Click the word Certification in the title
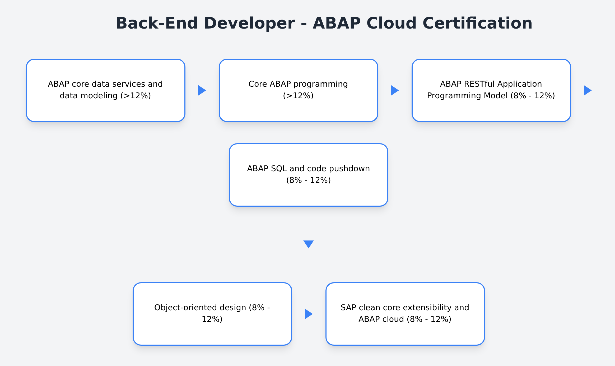(x=477, y=23)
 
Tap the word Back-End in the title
(x=157, y=23)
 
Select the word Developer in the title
(x=249, y=23)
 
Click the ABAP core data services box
(x=105, y=90)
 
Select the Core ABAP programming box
(x=298, y=90)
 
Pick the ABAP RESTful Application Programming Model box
(x=491, y=90)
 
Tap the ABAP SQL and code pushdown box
(x=308, y=175)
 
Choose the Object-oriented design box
(x=212, y=314)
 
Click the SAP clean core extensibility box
(x=405, y=314)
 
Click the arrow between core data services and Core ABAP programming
(x=202, y=90)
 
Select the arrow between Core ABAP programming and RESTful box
(x=395, y=90)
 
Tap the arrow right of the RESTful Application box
(x=588, y=90)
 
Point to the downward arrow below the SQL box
(x=308, y=244)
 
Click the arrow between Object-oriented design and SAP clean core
(x=309, y=314)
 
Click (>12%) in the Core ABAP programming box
(x=298, y=96)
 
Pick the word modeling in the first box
(x=99, y=96)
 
